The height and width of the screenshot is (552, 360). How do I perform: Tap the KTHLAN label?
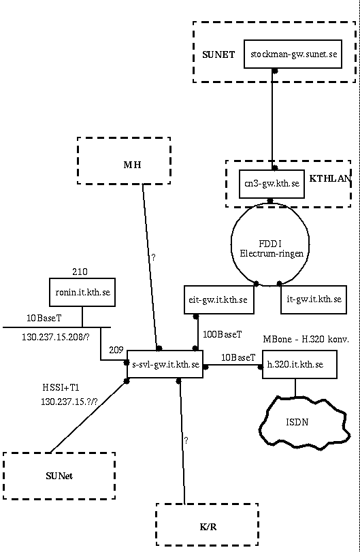(x=330, y=178)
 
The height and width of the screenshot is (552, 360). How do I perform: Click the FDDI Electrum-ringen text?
(x=272, y=248)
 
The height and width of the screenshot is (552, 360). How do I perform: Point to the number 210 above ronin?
(x=80, y=272)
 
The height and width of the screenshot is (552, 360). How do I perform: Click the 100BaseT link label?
(x=223, y=334)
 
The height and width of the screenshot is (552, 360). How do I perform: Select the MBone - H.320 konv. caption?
(x=306, y=340)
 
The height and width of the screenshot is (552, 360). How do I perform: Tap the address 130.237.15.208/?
(x=56, y=337)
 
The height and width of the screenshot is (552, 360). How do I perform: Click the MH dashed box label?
(x=132, y=165)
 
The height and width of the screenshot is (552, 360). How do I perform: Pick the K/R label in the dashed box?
(x=208, y=527)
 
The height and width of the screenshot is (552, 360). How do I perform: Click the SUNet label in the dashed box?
(x=59, y=476)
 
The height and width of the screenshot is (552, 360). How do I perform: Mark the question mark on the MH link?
(x=153, y=257)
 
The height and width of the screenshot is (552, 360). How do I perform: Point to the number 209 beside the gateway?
(x=116, y=350)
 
